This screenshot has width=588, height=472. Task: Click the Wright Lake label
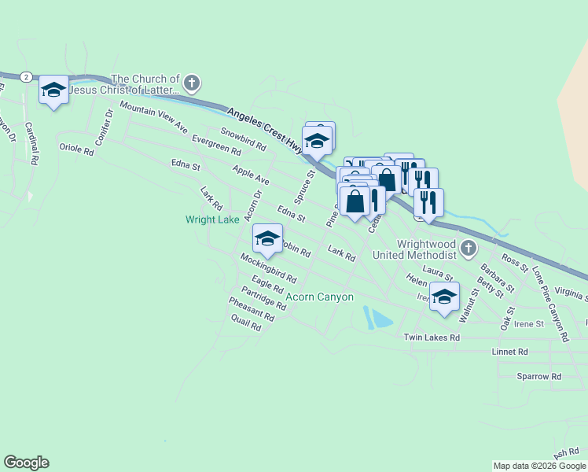pyautogui.click(x=212, y=220)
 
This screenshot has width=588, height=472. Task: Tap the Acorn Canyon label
pyautogui.click(x=319, y=297)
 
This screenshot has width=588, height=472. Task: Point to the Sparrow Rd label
pyautogui.click(x=538, y=377)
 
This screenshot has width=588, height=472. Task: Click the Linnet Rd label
pyautogui.click(x=509, y=352)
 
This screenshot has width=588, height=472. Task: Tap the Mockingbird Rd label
pyautogui.click(x=268, y=268)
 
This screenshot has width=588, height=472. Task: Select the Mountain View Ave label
pyautogui.click(x=154, y=116)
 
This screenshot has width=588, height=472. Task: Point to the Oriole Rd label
pyautogui.click(x=76, y=147)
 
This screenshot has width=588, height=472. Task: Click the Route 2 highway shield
pyautogui.click(x=27, y=76)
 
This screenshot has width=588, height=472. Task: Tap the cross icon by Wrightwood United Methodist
pyautogui.click(x=469, y=249)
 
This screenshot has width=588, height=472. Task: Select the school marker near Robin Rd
pyautogui.click(x=267, y=239)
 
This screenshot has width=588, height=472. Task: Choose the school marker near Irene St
pyautogui.click(x=444, y=297)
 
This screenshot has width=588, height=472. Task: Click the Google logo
pyautogui.click(x=26, y=463)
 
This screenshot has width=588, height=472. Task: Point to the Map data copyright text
pyautogui.click(x=540, y=466)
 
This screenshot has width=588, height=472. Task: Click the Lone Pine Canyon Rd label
pyautogui.click(x=549, y=303)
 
